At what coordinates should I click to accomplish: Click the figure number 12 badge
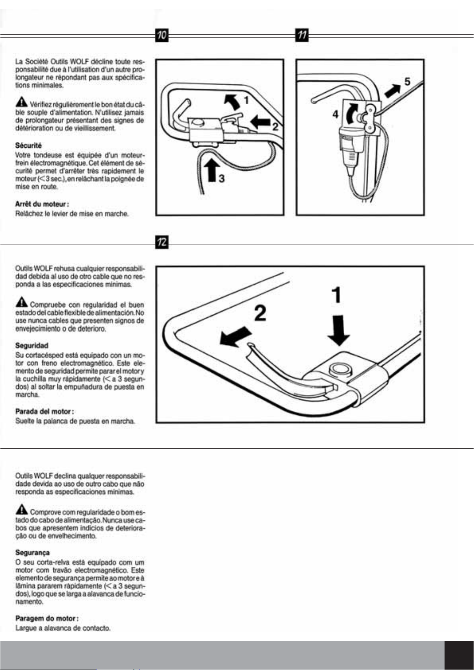click(x=162, y=242)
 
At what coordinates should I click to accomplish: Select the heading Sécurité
click(x=28, y=145)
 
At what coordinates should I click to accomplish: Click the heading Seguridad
click(x=32, y=345)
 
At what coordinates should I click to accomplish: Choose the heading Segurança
click(x=33, y=553)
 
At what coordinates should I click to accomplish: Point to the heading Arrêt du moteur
click(x=42, y=204)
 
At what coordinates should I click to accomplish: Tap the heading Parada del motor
click(x=45, y=411)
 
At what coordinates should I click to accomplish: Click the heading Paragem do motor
click(x=47, y=618)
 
